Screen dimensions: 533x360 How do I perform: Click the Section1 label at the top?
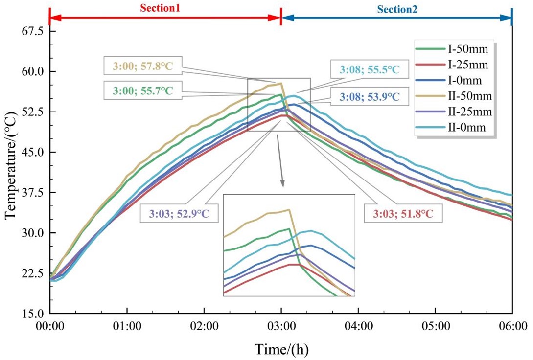click(160, 8)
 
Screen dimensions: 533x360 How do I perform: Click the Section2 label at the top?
click(397, 9)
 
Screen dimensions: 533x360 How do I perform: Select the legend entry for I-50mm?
click(452, 49)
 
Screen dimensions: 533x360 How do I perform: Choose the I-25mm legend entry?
click(452, 65)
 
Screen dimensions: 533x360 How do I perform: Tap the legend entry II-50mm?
click(454, 96)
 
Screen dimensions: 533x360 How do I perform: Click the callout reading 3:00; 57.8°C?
click(143, 66)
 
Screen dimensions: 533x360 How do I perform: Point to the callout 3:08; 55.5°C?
click(370, 69)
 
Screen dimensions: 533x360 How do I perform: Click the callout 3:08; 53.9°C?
click(370, 97)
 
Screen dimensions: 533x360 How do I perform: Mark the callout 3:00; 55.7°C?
click(143, 90)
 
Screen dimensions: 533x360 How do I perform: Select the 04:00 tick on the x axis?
click(358, 326)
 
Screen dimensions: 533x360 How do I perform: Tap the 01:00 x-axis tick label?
click(127, 326)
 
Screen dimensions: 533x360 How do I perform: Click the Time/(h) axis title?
click(282, 349)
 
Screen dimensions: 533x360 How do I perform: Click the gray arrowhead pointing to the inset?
click(282, 183)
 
